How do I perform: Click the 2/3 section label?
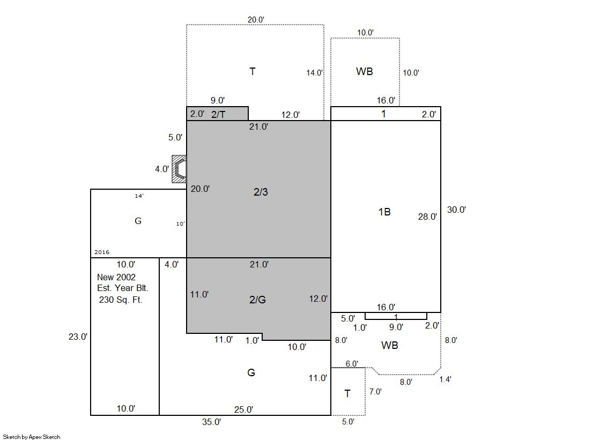pos(261,192)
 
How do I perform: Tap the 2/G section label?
pos(257,300)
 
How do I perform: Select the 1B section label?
pos(384,212)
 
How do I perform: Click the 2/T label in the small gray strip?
pos(218,114)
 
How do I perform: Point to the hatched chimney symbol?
pos(179,169)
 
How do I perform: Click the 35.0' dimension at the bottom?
pos(212,422)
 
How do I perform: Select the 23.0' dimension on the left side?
pos(78,337)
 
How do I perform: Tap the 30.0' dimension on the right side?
pos(456,210)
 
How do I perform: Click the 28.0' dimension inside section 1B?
pos(427,217)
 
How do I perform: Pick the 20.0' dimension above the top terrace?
pos(256,19)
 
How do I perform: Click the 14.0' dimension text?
pos(315,73)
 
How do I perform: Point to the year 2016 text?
pos(102,252)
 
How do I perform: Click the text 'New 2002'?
pos(116,277)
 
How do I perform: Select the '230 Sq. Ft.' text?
pos(121,300)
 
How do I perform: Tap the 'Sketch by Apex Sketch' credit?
pos(32,437)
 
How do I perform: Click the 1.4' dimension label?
pos(445,379)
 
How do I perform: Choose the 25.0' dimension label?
pos(244,409)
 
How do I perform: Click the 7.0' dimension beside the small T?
pos(375,391)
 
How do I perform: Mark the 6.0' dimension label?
pos(352,363)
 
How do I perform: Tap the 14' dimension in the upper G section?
pos(139,196)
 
